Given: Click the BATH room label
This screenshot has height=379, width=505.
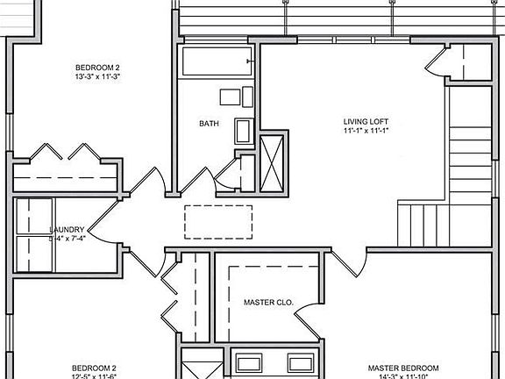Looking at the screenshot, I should click(209, 123).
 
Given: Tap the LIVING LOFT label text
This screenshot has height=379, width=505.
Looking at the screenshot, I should click(366, 121).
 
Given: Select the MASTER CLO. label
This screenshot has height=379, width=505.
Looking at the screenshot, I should click(267, 303).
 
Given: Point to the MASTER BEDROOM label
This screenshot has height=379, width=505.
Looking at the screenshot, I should click(403, 368).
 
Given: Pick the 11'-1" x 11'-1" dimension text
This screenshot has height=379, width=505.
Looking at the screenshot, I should click(366, 132).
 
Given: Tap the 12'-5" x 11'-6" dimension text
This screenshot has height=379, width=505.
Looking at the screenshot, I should click(94, 376).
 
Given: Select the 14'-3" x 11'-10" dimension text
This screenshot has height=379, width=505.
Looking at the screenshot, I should click(403, 376).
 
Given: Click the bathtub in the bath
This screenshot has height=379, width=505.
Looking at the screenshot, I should click(217, 62).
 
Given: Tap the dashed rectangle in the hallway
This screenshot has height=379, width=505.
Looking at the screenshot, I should click(218, 221).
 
